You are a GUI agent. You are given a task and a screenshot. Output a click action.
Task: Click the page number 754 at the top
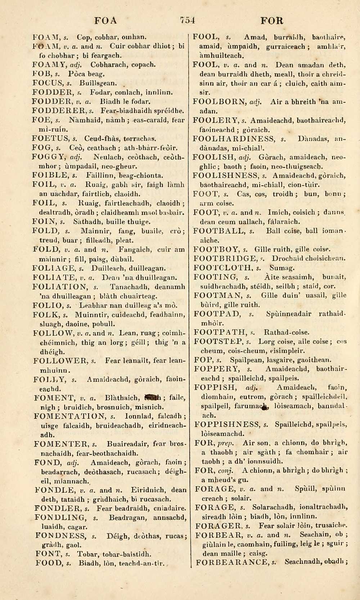pos(187,20)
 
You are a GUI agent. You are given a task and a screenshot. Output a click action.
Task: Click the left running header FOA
pos(105,21)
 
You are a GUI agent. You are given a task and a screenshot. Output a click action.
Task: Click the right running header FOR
pos(272,21)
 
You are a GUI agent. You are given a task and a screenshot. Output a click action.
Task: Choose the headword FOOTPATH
pos(219,332)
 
